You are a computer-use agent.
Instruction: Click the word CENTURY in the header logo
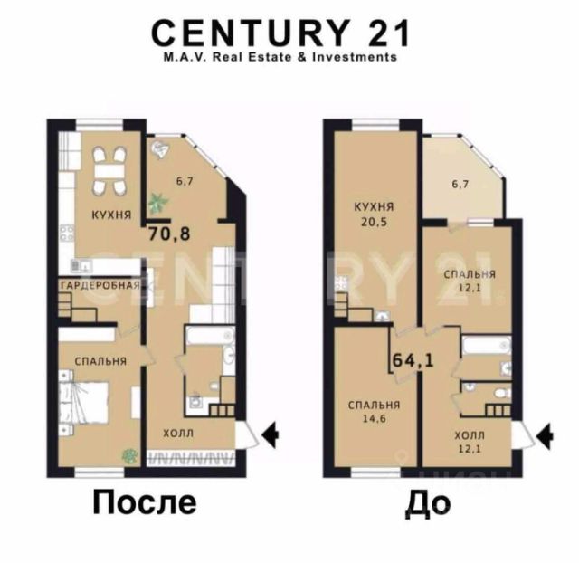tap(251, 33)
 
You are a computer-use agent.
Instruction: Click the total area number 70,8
tap(169, 234)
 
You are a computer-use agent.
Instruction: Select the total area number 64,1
tap(413, 360)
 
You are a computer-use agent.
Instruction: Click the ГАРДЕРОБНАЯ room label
tap(100, 285)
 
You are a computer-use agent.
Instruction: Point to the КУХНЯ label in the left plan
tap(111, 215)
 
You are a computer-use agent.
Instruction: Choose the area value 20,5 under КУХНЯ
tap(374, 222)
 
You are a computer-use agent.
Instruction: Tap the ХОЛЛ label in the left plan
tap(178, 433)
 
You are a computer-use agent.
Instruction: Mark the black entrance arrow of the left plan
tap(271, 434)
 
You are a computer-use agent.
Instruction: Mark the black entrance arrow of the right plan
tap(545, 436)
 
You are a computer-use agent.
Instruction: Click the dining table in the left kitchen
tap(109, 171)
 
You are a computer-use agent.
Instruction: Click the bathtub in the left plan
tap(210, 335)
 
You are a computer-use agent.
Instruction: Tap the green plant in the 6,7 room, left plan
tap(158, 202)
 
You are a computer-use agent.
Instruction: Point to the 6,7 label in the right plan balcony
tap(460, 184)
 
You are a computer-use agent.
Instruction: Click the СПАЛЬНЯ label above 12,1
tap(470, 274)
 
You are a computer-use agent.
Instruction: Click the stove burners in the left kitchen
tap(67, 234)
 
